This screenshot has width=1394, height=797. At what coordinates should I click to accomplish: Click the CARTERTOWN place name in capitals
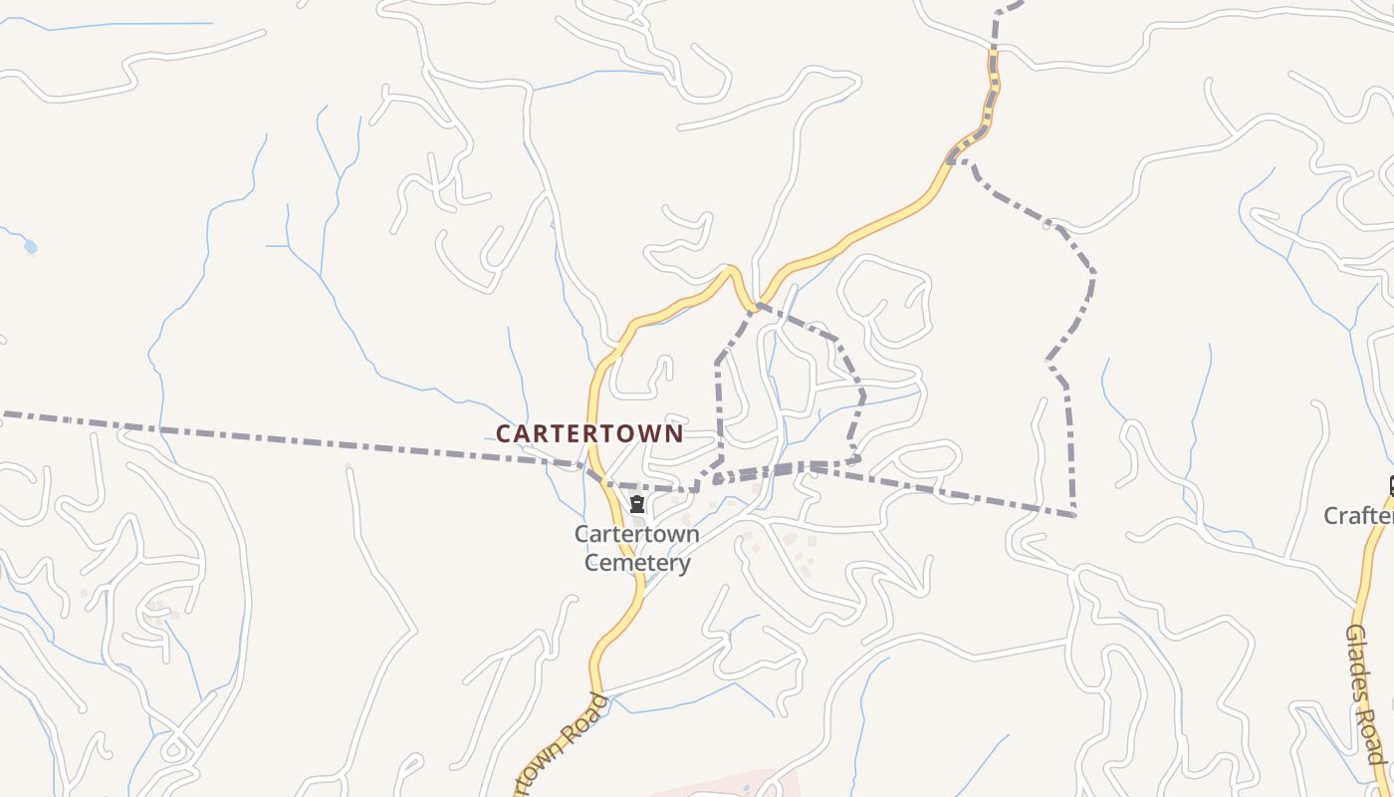[x=589, y=434]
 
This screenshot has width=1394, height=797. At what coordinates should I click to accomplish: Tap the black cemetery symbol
[x=637, y=504]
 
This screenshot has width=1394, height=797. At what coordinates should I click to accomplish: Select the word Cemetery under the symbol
[x=637, y=563]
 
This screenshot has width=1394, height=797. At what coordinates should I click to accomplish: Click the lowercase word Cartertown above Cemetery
[x=637, y=534]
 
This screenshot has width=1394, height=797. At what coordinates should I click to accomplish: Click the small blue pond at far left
[x=31, y=246]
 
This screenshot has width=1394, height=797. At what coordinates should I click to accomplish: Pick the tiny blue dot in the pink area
[x=746, y=788]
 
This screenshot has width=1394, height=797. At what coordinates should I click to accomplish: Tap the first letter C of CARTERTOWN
[x=503, y=434]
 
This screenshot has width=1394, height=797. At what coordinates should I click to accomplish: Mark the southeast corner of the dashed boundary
[x=1073, y=514]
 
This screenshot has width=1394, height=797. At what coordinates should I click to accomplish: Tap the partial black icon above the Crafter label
[x=1390, y=486]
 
